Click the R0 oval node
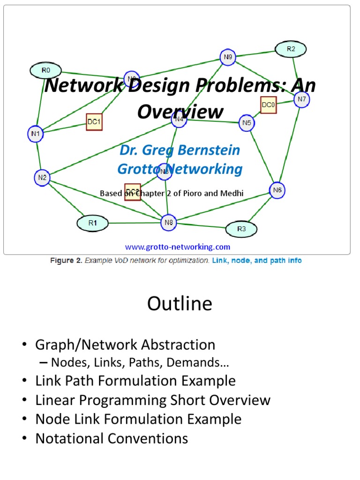coord(45,71)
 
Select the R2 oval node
coord(291,49)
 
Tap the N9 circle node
coord(228,58)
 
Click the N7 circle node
coord(301,99)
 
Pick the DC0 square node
coord(269,105)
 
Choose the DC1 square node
coord(94,122)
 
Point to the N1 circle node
coord(36,133)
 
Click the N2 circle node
coord(42,177)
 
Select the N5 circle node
coord(247,123)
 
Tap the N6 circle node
coord(277,190)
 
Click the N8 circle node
coord(169,223)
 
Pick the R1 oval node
coord(92,223)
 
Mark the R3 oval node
coord(241,229)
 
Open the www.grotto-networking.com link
coord(177,247)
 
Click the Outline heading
coord(180,304)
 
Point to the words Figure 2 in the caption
coord(66,261)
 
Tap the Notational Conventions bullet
coord(112,439)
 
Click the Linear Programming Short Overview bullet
coord(153,400)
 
